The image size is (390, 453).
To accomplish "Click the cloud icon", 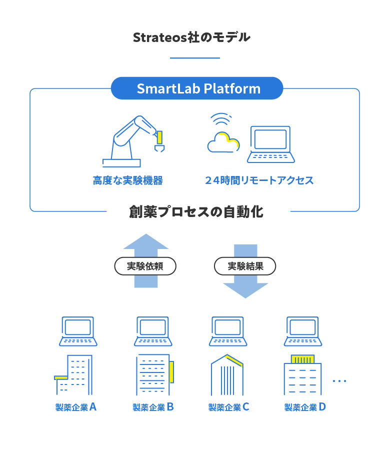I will pos(223,142).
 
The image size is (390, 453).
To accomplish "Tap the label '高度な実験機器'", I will pos(128,180).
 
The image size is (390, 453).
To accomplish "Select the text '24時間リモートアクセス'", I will pos(259,180).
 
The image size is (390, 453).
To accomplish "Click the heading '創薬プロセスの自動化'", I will pos(196,212).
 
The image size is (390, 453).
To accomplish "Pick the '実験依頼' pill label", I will pos(145,266).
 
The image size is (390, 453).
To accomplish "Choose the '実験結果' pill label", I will pos(245,266).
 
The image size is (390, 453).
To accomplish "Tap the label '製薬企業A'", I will pos(76,407).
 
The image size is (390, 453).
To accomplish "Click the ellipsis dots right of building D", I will pos(339,381).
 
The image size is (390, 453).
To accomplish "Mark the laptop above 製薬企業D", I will pos(303,331).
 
